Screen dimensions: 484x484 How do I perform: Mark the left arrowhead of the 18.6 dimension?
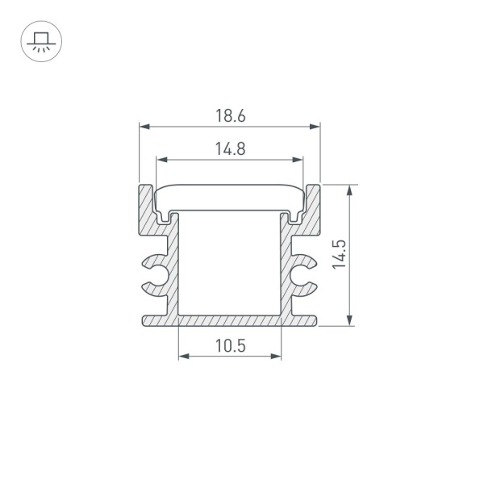[x=144, y=127]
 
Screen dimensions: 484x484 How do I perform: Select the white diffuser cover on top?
[x=230, y=195]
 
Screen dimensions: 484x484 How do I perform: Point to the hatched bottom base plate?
[x=230, y=321]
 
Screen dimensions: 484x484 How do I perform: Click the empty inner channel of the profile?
[x=230, y=262]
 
